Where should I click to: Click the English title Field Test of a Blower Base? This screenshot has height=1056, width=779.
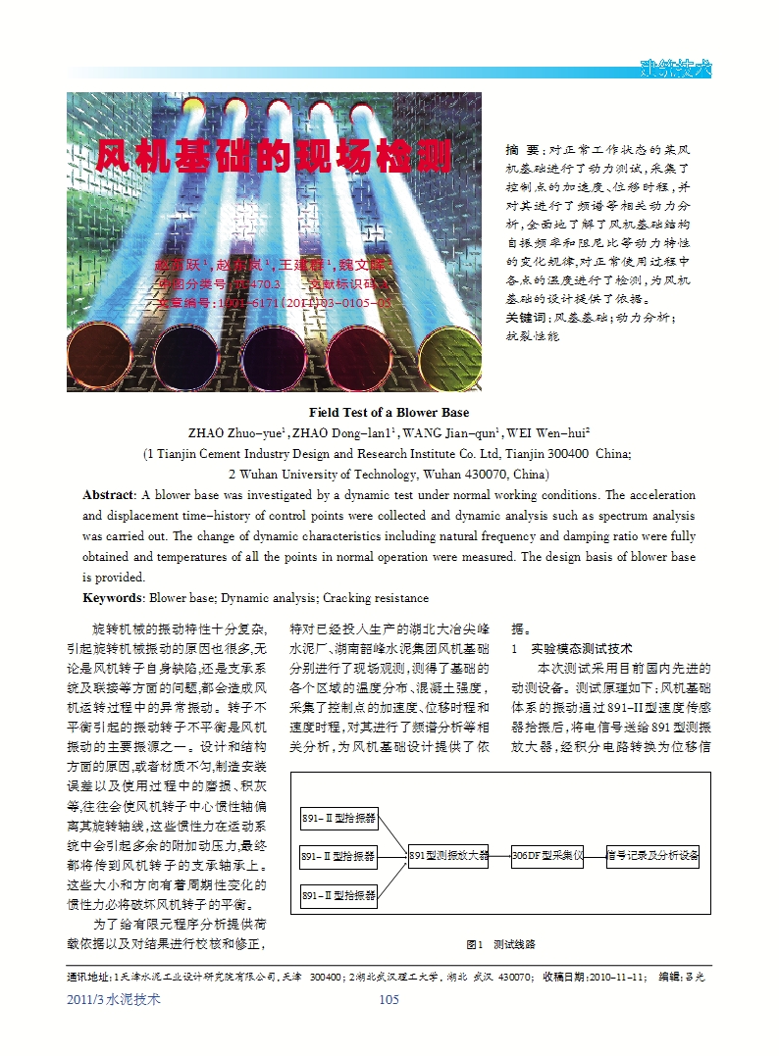(389, 412)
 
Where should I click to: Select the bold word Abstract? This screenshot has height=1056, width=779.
(107, 495)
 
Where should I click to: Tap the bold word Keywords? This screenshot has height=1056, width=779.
(113, 597)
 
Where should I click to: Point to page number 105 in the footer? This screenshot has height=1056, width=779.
(389, 999)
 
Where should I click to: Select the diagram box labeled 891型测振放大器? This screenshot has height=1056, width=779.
(448, 856)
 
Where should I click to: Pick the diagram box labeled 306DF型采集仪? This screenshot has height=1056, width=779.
(547, 856)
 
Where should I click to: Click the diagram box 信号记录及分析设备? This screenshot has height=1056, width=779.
(653, 856)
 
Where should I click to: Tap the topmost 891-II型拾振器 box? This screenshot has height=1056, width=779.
(338, 819)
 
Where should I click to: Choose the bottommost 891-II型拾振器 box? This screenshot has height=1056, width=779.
(338, 895)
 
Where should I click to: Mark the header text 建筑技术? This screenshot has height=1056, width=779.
(675, 69)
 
